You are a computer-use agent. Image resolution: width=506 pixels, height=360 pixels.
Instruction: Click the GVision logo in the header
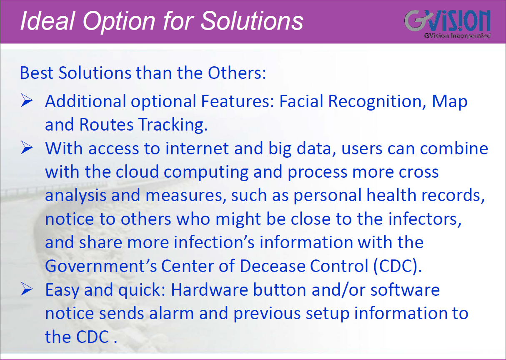pyautogui.click(x=447, y=23)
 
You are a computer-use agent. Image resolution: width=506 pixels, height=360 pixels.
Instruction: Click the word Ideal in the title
pyautogui.click(x=48, y=21)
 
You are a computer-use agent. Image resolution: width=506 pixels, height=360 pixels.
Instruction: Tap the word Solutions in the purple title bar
pyautogui.click(x=252, y=21)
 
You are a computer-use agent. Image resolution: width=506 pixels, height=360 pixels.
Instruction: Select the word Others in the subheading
pyautogui.click(x=237, y=73)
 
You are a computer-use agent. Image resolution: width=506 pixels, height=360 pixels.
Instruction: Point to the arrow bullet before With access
pyautogui.click(x=27, y=147)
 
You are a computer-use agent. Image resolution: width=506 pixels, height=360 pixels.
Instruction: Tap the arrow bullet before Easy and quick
pyautogui.click(x=27, y=289)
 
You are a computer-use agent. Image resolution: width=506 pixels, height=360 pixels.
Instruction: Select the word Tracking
pyautogui.click(x=173, y=125)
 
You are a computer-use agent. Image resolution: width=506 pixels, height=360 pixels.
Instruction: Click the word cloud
pyautogui.click(x=137, y=172)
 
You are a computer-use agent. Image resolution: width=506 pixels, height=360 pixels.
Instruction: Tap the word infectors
pyautogui.click(x=425, y=219)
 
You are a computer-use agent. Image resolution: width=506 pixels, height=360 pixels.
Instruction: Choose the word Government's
pyautogui.click(x=101, y=266)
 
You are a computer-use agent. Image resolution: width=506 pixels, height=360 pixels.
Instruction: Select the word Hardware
pyautogui.click(x=209, y=290)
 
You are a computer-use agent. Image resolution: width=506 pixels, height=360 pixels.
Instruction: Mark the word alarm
pyautogui.click(x=171, y=313)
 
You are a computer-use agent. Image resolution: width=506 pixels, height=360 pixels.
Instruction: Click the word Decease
pyautogui.click(x=272, y=266)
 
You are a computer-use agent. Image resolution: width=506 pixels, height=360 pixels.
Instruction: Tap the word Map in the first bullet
pyautogui.click(x=450, y=102)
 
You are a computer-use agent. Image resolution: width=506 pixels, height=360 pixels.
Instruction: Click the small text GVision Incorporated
pyautogui.click(x=457, y=36)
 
